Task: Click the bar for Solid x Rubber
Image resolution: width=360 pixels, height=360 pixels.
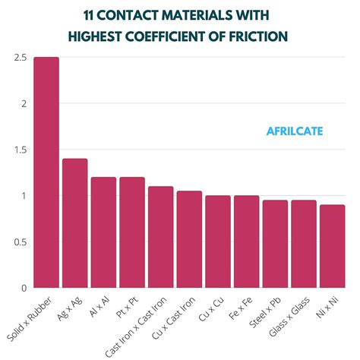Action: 46,173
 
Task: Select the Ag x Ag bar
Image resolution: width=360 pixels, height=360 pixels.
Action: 74,223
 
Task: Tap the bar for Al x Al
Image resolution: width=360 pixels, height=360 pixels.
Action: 103,232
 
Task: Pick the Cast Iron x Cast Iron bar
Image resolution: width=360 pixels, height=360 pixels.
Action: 160,237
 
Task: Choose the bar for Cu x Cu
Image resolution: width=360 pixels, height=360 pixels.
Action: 218,242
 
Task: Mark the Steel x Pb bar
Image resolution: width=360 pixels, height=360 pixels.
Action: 275,244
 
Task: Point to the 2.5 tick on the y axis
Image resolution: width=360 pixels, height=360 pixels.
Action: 20,58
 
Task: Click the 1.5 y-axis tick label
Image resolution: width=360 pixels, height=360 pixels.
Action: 20,150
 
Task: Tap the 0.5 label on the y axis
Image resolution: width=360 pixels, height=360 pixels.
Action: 20,242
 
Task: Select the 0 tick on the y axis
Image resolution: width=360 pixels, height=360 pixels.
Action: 24,289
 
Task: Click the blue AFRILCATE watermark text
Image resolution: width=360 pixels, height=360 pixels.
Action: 295,131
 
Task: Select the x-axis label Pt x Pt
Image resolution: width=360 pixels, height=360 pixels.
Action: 126,308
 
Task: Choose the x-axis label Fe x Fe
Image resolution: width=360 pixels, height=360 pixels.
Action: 241,308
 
